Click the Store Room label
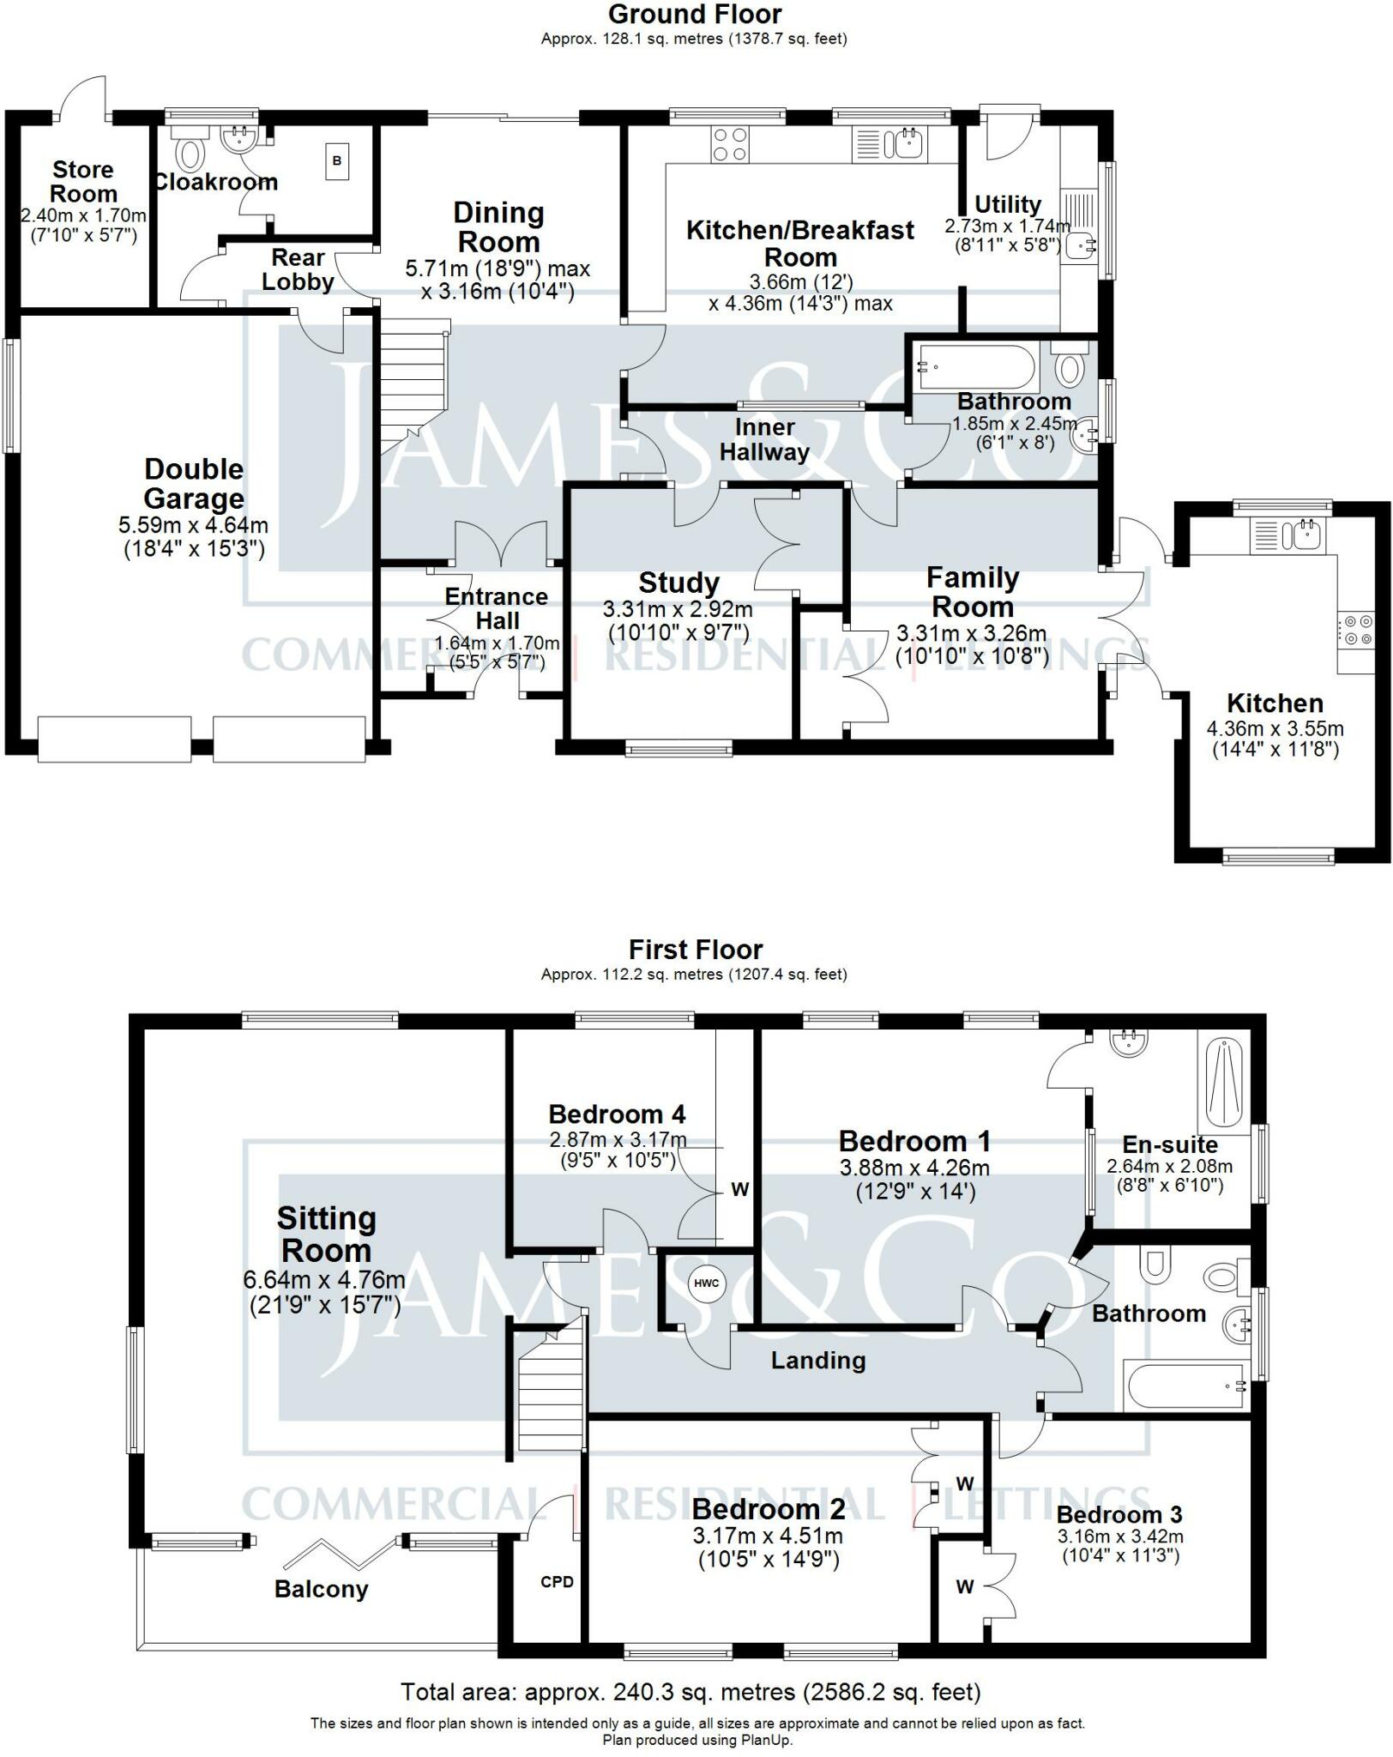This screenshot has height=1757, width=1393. click(x=83, y=182)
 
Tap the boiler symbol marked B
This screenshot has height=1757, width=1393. click(x=337, y=161)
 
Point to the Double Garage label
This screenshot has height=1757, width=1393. click(x=194, y=484)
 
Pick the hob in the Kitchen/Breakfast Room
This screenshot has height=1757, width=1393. click(x=729, y=143)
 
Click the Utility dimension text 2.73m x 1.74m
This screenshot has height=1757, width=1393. click(x=1008, y=226)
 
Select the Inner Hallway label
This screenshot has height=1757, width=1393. click(x=764, y=439)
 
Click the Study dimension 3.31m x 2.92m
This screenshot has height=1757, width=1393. click(x=678, y=610)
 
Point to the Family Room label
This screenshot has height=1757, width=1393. click(x=973, y=592)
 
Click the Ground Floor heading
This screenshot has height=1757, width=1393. click(x=695, y=15)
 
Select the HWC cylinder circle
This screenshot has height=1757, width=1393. click(x=707, y=1283)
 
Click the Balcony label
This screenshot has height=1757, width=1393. click(x=321, y=1590)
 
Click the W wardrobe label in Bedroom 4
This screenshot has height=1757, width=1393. click(x=739, y=1189)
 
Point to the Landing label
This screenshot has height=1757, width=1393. click(x=818, y=1360)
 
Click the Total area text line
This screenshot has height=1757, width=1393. click(x=690, y=1693)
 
